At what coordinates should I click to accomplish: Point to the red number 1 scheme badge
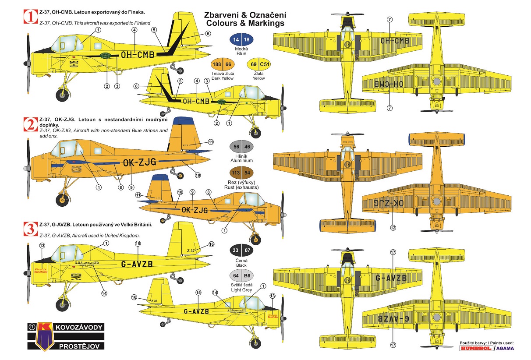pos(30,17)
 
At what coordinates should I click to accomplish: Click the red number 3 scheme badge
pos(30,229)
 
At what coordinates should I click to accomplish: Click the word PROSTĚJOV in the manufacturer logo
pos(81,346)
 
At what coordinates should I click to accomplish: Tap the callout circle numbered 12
pos(393,227)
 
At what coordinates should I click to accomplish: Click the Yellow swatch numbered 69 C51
pos(258,64)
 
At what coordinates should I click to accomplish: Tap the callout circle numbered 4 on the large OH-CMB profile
pos(134,30)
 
